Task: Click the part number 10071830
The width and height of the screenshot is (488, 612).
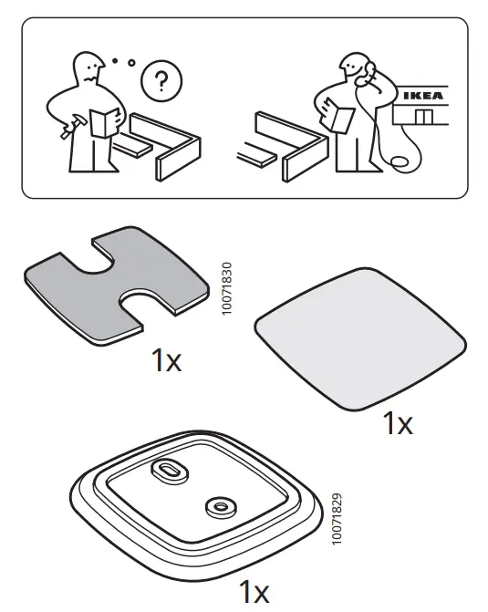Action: click(227, 289)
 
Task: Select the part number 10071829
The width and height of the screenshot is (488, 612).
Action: click(337, 519)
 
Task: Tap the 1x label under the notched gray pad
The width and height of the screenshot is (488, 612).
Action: click(166, 361)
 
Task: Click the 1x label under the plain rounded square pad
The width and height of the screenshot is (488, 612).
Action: click(397, 423)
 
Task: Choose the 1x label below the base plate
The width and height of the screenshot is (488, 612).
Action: click(254, 592)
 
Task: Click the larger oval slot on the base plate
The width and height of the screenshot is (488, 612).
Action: click(171, 470)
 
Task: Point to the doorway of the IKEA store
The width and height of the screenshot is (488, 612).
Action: click(421, 117)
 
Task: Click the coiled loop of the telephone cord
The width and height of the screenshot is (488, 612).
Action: click(400, 162)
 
